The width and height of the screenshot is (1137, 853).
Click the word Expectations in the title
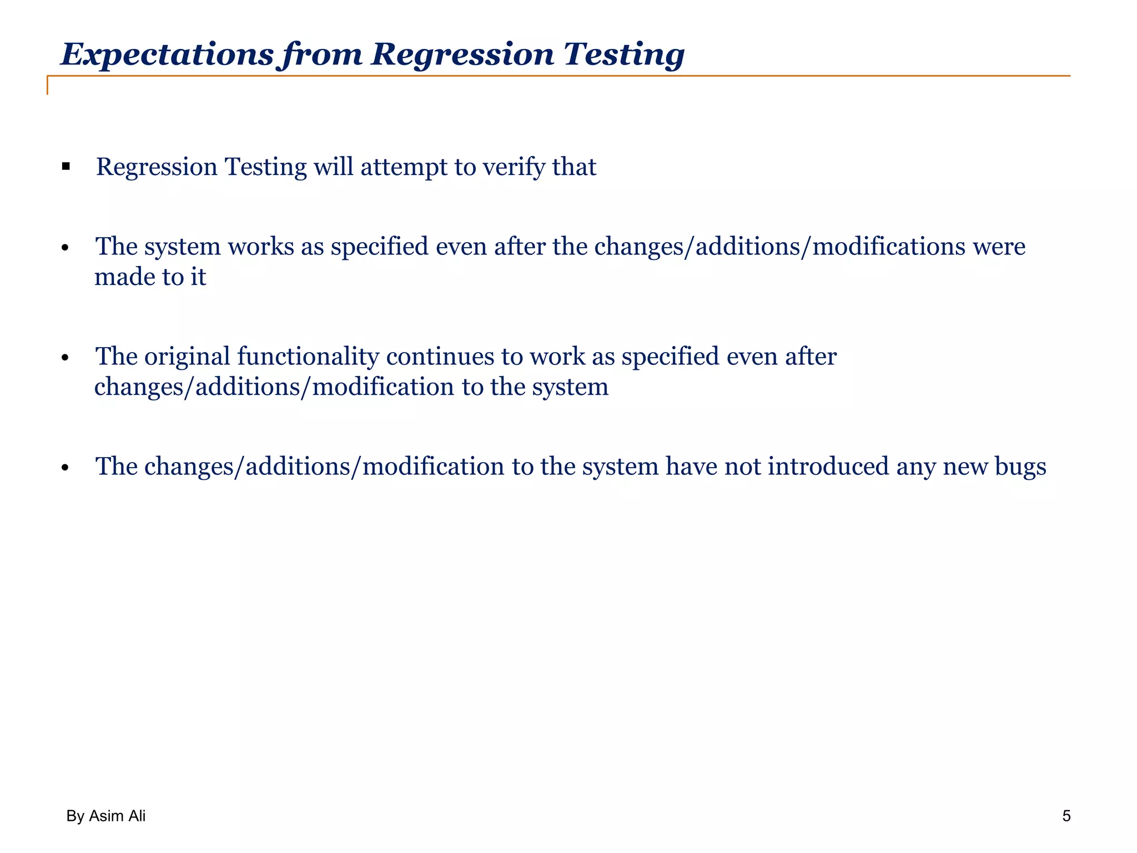167,54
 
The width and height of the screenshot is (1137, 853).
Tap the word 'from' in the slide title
322,54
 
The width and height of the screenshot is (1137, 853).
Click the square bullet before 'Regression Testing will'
66,166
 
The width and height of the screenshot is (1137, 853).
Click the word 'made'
124,277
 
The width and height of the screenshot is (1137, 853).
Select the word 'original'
187,356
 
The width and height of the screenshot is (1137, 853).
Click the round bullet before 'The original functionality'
66,358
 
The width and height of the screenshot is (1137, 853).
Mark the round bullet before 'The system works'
66,248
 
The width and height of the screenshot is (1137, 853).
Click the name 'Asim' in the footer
107,816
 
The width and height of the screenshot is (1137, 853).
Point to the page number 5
1066,816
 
